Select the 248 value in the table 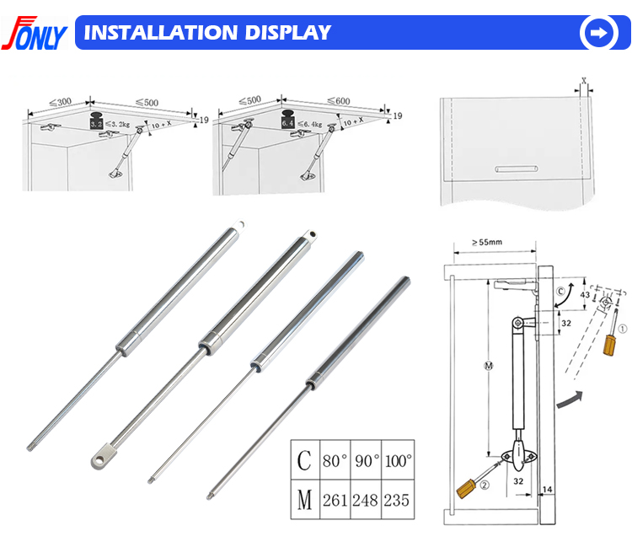(367, 499)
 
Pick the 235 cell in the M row (398, 499)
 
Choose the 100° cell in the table (398, 461)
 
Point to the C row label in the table (305, 461)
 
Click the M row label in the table (305, 499)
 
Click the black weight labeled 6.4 (288, 121)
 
